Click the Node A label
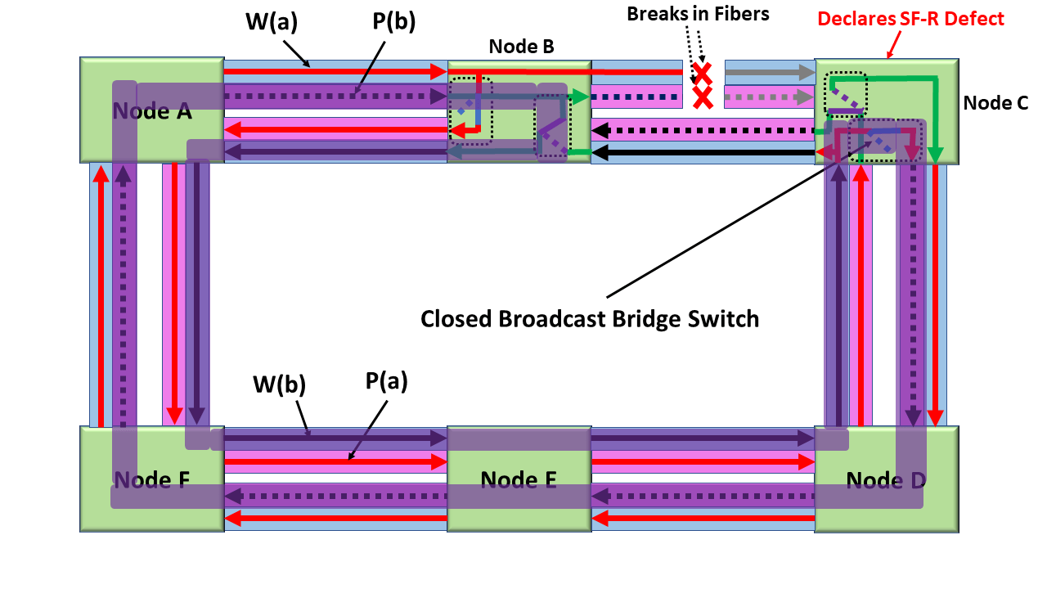tap(152, 111)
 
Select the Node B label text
tap(521, 47)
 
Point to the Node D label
tap(886, 479)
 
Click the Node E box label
tap(519, 479)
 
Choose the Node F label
tap(152, 479)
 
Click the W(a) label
tap(270, 22)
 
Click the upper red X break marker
tap(702, 72)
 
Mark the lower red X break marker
tap(702, 98)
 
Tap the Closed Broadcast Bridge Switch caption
tap(590, 318)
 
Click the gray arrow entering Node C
tap(769, 73)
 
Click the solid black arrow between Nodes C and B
tap(703, 152)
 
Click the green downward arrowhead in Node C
tap(936, 155)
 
